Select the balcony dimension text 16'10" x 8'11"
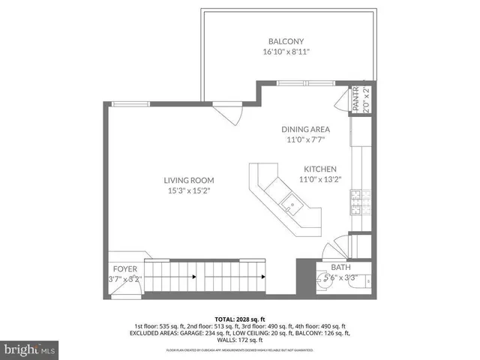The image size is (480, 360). point(286,52)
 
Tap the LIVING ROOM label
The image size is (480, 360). point(190,180)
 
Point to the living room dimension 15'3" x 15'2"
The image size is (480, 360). point(190,190)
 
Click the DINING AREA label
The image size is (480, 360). point(305,129)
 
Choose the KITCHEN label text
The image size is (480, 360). point(319,169)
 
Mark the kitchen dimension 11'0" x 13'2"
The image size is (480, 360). point(319,179)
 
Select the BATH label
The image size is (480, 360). point(340,267)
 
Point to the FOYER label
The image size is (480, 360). point(124,268)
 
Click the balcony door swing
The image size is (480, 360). point(226,113)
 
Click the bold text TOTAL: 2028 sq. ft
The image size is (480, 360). point(239,318)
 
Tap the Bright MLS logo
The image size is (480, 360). point(31,349)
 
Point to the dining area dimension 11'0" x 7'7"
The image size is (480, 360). point(305,139)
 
